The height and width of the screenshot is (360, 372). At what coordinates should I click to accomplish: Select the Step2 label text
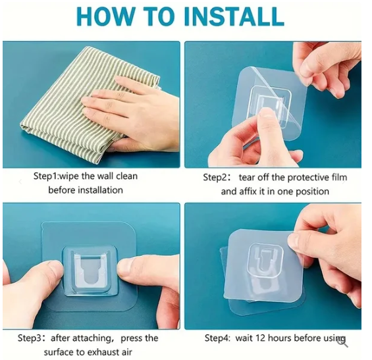216,178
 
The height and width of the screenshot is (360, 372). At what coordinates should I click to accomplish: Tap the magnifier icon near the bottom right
342,340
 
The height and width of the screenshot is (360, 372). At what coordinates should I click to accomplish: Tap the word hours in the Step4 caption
285,338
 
